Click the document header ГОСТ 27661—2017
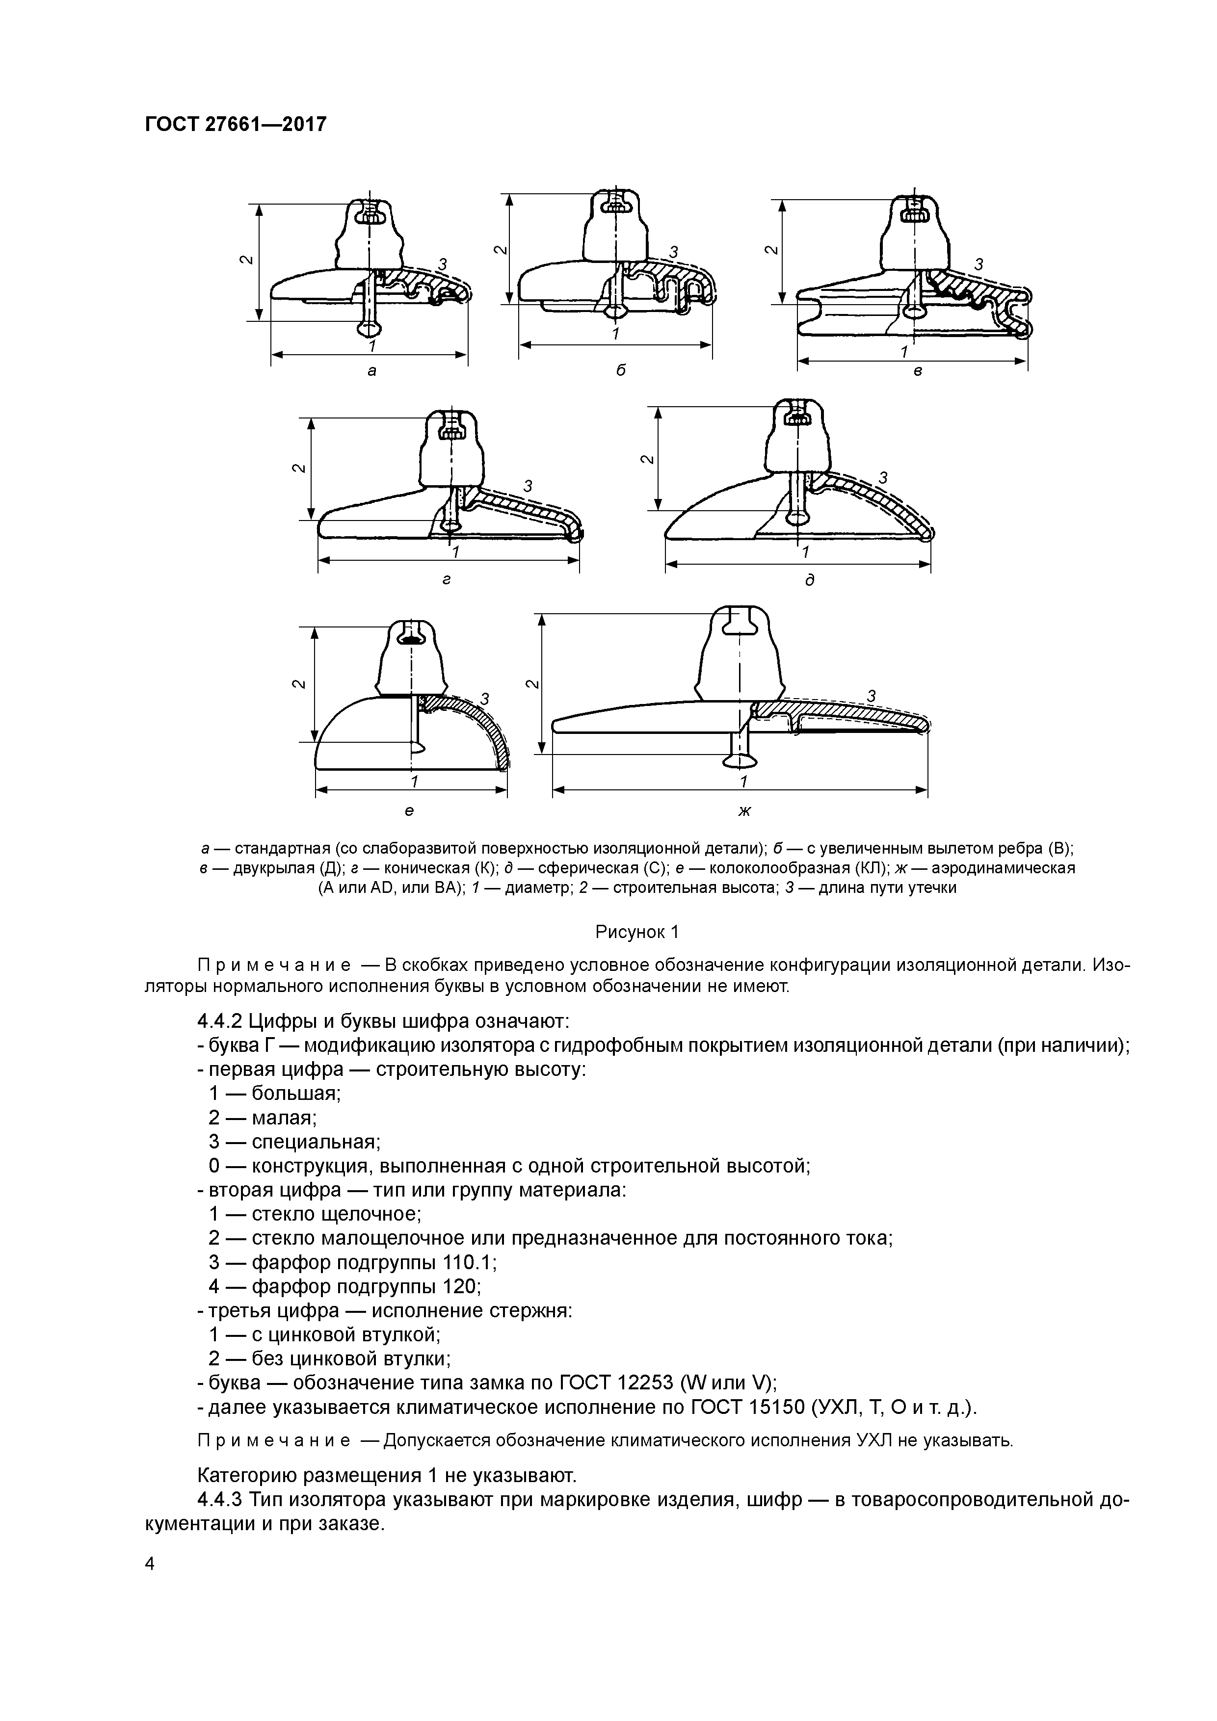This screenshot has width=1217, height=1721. [x=236, y=124]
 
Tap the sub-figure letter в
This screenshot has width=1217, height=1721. [x=917, y=372]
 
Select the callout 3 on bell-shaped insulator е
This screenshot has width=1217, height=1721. [x=484, y=699]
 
